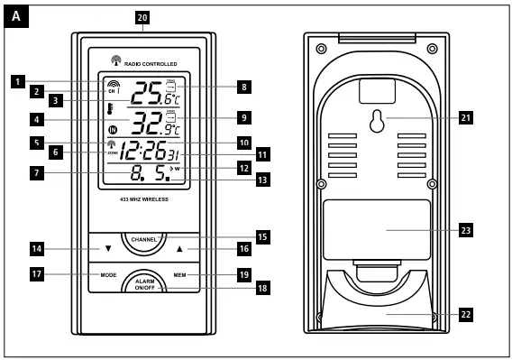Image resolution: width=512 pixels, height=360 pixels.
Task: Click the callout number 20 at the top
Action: tap(142, 17)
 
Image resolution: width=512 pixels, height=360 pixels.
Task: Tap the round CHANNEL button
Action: tap(144, 241)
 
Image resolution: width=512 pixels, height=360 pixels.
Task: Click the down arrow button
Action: tap(108, 247)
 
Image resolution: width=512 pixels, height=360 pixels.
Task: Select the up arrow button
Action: tap(179, 247)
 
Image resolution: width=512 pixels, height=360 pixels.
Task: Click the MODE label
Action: tap(109, 274)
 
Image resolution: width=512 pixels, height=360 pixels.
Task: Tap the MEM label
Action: tap(180, 274)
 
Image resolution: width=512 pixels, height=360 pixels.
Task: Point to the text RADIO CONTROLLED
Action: tap(151, 63)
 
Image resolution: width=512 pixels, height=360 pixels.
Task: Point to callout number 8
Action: tap(243, 88)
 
